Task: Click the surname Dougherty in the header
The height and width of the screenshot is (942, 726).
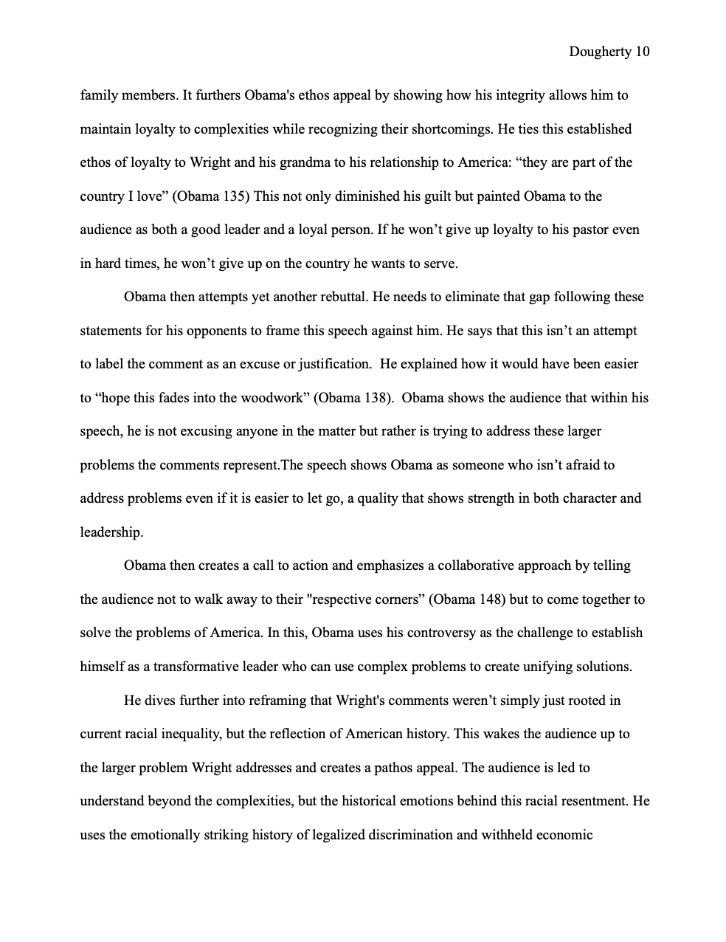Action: point(600,52)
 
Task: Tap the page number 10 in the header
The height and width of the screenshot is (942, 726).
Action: point(642,52)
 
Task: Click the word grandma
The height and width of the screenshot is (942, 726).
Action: point(315,162)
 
